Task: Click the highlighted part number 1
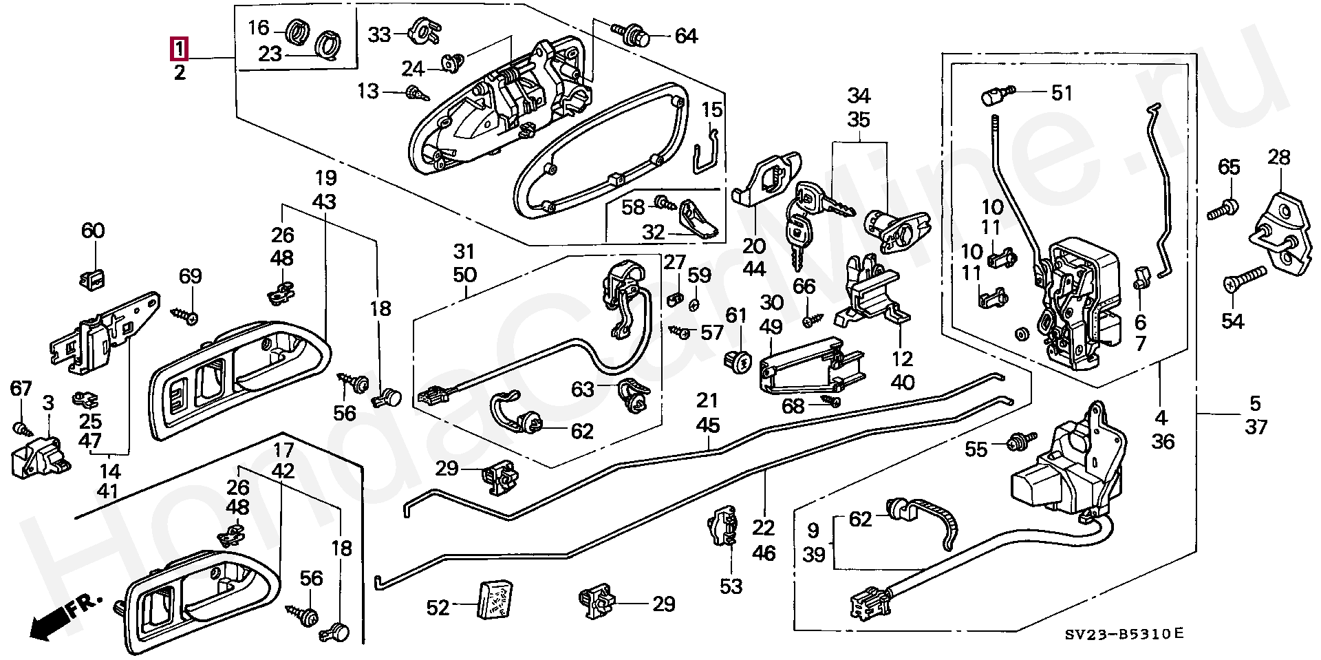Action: pyautogui.click(x=179, y=49)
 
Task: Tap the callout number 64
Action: pyautogui.click(x=686, y=36)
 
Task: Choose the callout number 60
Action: pyautogui.click(x=93, y=230)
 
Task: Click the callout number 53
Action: pyautogui.click(x=731, y=586)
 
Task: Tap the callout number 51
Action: pyautogui.click(x=1062, y=93)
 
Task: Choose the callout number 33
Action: pyautogui.click(x=379, y=34)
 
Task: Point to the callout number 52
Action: pyautogui.click(x=438, y=607)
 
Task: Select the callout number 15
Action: pyautogui.click(x=712, y=109)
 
